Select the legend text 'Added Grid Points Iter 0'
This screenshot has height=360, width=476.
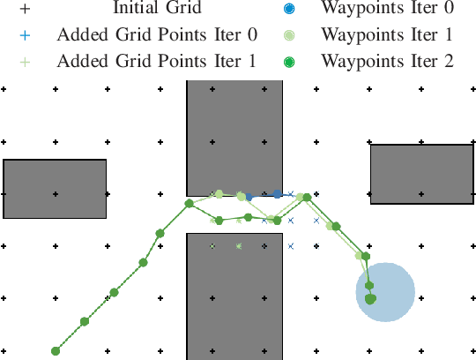tap(157, 36)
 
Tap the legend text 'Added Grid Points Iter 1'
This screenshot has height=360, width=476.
tap(157, 63)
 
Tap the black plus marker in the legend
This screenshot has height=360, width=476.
tap(26, 10)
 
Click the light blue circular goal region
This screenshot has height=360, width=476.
tap(385, 293)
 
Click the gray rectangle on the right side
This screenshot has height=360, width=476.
tap(421, 175)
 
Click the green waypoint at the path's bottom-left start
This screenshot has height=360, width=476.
tap(56, 350)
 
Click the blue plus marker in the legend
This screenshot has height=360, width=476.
tap(26, 36)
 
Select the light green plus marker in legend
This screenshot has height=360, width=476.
tap(26, 63)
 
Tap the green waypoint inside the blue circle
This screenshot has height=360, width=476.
tap(370, 298)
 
